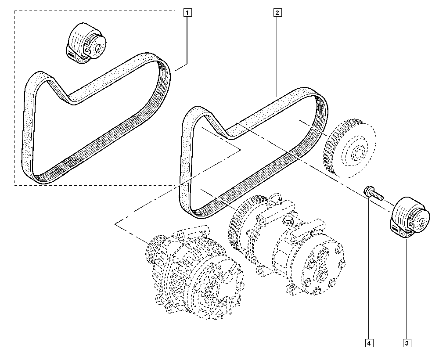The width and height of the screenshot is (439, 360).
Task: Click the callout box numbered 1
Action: pyautogui.click(x=187, y=13)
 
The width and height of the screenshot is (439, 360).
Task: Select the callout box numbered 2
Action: pyautogui.click(x=277, y=13)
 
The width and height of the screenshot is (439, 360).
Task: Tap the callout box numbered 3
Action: pyautogui.click(x=407, y=342)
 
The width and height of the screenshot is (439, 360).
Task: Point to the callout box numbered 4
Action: pyautogui.click(x=369, y=342)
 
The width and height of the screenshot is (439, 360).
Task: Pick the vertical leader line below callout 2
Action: pyautogui.click(x=277, y=53)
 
